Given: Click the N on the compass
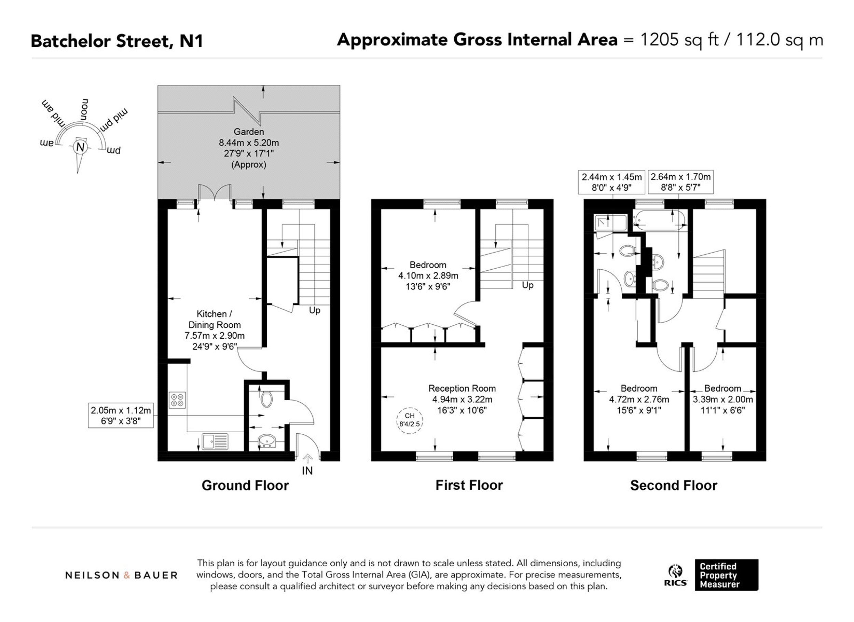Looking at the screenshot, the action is pyautogui.click(x=80, y=147).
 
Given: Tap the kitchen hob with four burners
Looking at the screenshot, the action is pyautogui.click(x=177, y=401).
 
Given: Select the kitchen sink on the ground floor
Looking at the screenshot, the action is pyautogui.click(x=215, y=442).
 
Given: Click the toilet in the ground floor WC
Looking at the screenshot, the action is pyautogui.click(x=266, y=398).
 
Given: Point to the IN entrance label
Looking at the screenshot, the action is pyautogui.click(x=307, y=471).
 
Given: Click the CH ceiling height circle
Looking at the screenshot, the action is pyautogui.click(x=409, y=420).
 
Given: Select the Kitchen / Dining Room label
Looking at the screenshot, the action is pyautogui.click(x=215, y=320).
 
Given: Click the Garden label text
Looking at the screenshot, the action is pyautogui.click(x=249, y=132).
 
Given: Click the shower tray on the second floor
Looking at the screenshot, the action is pyautogui.click(x=610, y=222).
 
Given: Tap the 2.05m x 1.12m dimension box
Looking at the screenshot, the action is pyautogui.click(x=121, y=416).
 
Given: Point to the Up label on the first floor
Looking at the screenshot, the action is pyautogui.click(x=527, y=285).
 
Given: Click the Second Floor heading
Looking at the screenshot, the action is pyautogui.click(x=674, y=485).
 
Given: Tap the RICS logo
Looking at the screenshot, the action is pyautogui.click(x=676, y=575).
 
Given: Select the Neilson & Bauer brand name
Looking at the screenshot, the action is pyautogui.click(x=121, y=575).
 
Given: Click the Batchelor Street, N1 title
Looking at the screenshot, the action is pyautogui.click(x=117, y=41).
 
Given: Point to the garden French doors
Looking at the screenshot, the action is pyautogui.click(x=215, y=192).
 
